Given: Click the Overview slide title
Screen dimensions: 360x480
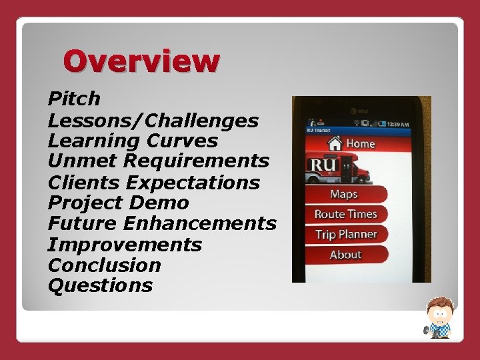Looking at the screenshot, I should click(x=141, y=61).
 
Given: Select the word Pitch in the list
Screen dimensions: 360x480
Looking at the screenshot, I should click(x=74, y=99).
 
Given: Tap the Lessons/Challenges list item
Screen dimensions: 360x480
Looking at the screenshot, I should click(x=153, y=121).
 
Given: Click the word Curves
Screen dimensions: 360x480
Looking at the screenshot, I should click(x=187, y=141).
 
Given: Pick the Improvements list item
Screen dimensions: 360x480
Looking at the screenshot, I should click(x=125, y=244).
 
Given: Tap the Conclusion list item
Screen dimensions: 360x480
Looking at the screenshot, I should click(x=104, y=265).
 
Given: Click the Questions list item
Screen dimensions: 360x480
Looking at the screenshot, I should click(x=100, y=285).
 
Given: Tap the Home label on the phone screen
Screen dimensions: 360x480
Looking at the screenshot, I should click(x=361, y=143).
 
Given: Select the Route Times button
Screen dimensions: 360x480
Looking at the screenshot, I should click(x=345, y=214).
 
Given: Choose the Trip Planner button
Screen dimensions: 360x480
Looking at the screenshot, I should click(x=346, y=234).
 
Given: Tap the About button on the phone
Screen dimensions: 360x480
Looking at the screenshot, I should click(x=345, y=255).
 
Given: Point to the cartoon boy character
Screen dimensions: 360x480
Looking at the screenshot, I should click(x=439, y=317).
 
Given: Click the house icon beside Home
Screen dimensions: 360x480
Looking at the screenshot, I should click(x=335, y=142).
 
